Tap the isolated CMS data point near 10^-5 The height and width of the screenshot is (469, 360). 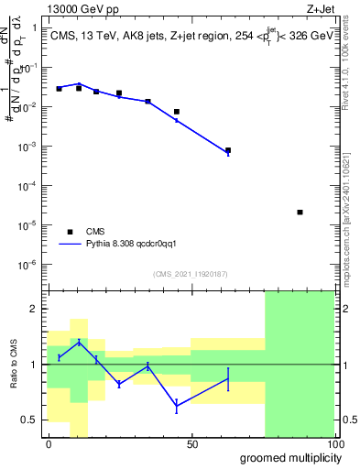pyautogui.click(x=300, y=213)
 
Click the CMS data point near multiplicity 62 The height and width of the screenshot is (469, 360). pyautogui.click(x=228, y=150)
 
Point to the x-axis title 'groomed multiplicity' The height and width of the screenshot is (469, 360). pyautogui.click(x=287, y=457)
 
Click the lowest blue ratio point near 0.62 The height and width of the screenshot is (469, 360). pyautogui.click(x=177, y=405)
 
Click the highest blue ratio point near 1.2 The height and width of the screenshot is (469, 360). pyautogui.click(x=79, y=342)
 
